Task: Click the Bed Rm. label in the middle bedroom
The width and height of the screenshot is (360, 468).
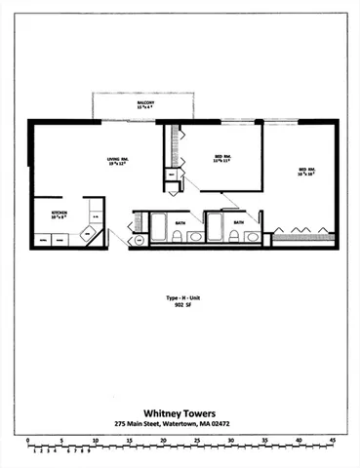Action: (221, 159)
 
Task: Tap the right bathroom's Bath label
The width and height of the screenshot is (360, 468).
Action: (238, 222)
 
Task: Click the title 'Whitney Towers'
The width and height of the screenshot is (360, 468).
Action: (180, 410)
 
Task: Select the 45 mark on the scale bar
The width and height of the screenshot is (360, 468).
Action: (333, 441)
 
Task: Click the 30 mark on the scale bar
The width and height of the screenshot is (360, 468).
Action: (231, 441)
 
